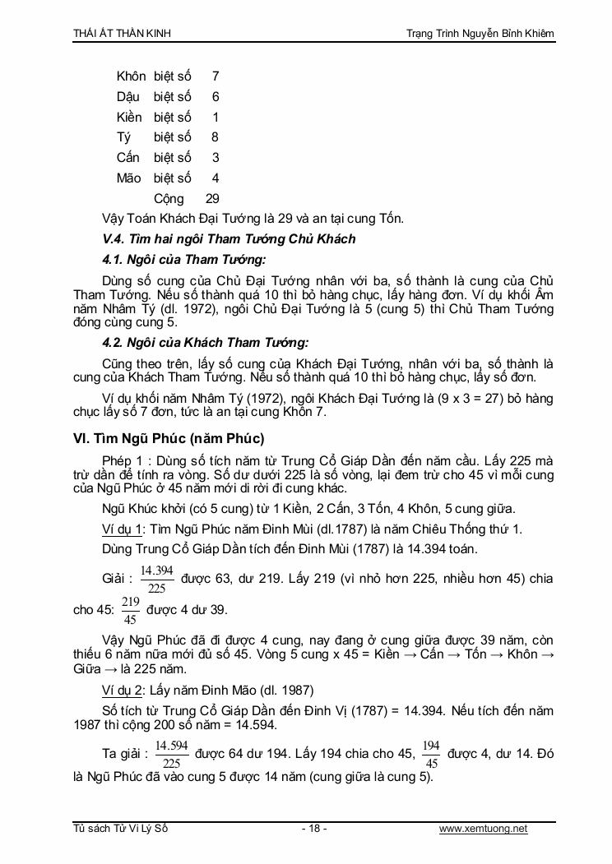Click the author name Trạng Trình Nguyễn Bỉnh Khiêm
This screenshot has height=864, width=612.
coord(480,33)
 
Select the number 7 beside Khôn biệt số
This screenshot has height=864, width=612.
coord(216,76)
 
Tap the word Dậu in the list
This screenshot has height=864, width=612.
coord(128,97)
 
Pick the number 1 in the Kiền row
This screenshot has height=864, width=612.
coord(216,118)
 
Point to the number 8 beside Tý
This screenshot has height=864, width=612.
coord(216,137)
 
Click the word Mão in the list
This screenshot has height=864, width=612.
coord(129,178)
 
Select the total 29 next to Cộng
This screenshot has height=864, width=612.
coord(212,199)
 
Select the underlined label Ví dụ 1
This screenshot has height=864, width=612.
coord(123,528)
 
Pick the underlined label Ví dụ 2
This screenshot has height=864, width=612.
coord(123,689)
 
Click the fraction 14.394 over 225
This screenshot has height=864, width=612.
coord(156,579)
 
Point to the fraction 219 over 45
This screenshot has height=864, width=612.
coord(130,610)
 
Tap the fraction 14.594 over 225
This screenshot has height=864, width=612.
coord(171,753)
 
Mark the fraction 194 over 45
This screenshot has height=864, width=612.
coord(430,753)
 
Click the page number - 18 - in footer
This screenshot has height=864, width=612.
coord(313,829)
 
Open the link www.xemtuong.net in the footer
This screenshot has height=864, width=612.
coord(484,829)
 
